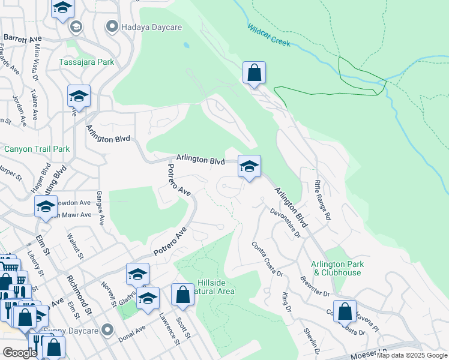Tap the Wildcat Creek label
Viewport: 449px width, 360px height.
point(268,35)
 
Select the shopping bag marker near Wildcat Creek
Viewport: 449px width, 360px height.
point(254,73)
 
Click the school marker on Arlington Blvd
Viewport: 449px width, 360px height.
point(249,166)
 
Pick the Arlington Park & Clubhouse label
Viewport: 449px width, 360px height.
point(345,268)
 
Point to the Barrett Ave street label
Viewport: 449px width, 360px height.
point(21,37)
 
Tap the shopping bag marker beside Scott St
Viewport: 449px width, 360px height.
point(182,295)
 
